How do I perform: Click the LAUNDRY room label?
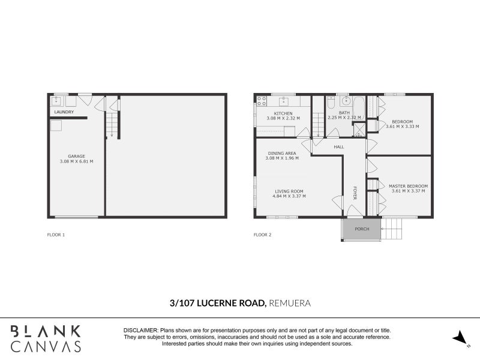click(64, 112)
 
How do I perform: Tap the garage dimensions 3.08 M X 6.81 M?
click(76, 161)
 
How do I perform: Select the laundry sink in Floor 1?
click(56, 101)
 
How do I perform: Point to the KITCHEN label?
click(283, 113)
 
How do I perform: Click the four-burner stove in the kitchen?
click(262, 101)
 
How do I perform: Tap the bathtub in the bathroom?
click(358, 108)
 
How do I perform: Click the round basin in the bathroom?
click(346, 100)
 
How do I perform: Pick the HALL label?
click(339, 146)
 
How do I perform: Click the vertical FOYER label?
click(355, 193)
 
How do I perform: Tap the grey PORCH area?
click(362, 229)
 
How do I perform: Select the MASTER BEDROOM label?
click(408, 186)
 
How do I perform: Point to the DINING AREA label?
click(282, 153)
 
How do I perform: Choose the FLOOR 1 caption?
click(56, 235)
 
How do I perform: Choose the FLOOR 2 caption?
click(262, 235)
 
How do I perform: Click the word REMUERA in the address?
click(290, 304)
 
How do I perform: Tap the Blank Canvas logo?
click(46, 338)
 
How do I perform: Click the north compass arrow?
click(461, 338)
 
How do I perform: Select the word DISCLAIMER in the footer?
click(140, 331)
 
